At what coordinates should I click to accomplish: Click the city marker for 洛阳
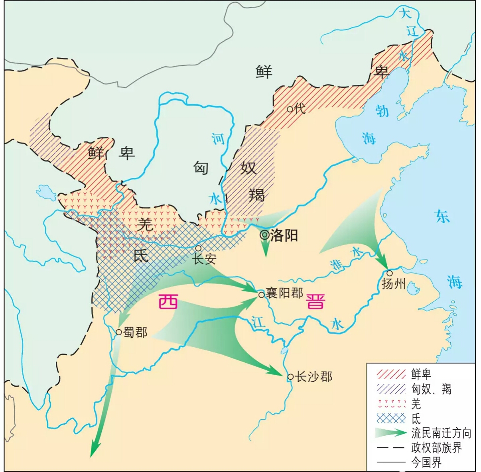(264, 235)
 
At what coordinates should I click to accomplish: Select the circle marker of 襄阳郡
(261, 295)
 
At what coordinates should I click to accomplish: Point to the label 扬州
(393, 284)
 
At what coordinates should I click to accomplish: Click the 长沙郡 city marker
(290, 377)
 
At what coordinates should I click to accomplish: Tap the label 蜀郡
(135, 332)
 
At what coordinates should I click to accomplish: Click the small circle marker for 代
(290, 108)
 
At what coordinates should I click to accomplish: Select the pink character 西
(168, 302)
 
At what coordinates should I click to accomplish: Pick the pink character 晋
(315, 302)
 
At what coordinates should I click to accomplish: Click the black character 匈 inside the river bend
(201, 168)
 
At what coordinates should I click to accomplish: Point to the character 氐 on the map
(141, 255)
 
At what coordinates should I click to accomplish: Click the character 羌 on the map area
(145, 223)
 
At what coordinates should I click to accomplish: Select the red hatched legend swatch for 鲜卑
(391, 374)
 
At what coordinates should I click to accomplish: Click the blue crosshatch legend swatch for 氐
(391, 419)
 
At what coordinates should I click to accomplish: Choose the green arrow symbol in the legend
(391, 433)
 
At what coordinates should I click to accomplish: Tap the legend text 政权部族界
(436, 448)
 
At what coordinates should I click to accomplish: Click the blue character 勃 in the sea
(382, 110)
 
